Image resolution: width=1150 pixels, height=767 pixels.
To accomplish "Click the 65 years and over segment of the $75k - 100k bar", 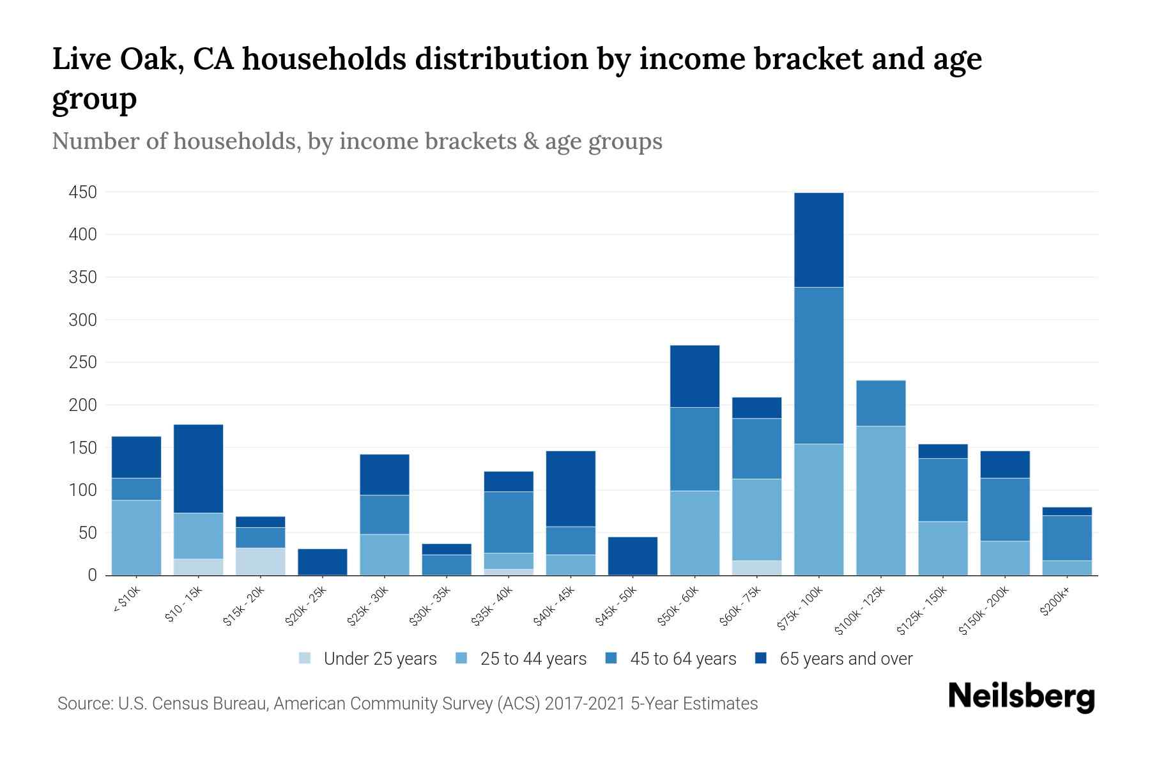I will click(x=818, y=240).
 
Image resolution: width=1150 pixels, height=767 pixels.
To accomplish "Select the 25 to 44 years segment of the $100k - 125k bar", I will click(x=880, y=500).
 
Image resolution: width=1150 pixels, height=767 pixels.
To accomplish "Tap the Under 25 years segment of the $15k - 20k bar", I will click(x=260, y=561).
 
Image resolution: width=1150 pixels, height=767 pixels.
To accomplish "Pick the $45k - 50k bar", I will click(x=632, y=556).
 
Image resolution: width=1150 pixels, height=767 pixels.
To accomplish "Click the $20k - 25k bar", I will click(x=322, y=562).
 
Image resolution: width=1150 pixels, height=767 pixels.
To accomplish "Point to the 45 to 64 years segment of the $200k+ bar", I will click(x=1067, y=538).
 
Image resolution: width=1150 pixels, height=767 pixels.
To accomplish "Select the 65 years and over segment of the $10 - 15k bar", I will click(x=198, y=469).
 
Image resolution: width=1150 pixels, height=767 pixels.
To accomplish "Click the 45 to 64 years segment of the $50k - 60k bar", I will click(x=694, y=449).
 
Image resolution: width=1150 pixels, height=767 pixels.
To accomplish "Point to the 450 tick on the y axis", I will click(x=83, y=192).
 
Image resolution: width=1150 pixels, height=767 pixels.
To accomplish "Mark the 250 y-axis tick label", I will click(x=83, y=362).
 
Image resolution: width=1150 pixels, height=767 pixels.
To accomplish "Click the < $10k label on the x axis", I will click(x=126, y=600).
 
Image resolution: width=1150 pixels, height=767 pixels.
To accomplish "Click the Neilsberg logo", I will click(x=1021, y=697).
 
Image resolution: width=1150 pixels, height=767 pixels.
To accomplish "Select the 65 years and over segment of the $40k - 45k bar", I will click(x=571, y=488).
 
